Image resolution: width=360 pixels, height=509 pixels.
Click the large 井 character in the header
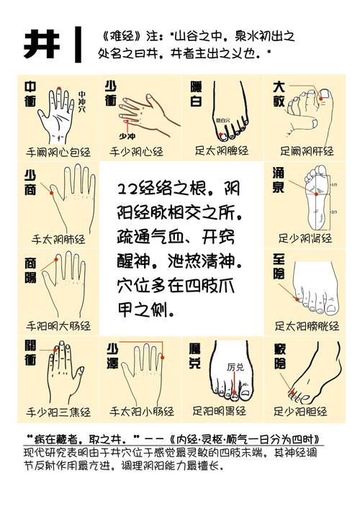coord(41,44)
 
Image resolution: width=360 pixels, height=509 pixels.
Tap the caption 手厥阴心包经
coord(58,152)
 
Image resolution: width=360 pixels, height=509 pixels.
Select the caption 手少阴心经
coord(136,152)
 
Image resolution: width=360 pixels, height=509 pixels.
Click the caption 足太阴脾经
coord(221,151)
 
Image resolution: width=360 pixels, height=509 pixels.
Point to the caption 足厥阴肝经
coord(307,151)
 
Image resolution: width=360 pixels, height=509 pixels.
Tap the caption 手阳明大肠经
coord(58,325)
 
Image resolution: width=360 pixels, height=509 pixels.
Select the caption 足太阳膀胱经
coord(307,325)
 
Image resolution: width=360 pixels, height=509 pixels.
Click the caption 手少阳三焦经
coord(58,413)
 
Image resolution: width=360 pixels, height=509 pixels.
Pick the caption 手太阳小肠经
coord(141,412)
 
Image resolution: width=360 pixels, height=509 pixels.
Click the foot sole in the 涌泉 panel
coord(314,198)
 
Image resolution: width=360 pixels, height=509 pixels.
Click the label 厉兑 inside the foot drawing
coord(235,366)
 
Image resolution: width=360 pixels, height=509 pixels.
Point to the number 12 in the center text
coord(127,189)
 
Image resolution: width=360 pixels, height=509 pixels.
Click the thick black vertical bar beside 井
coord(77,45)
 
